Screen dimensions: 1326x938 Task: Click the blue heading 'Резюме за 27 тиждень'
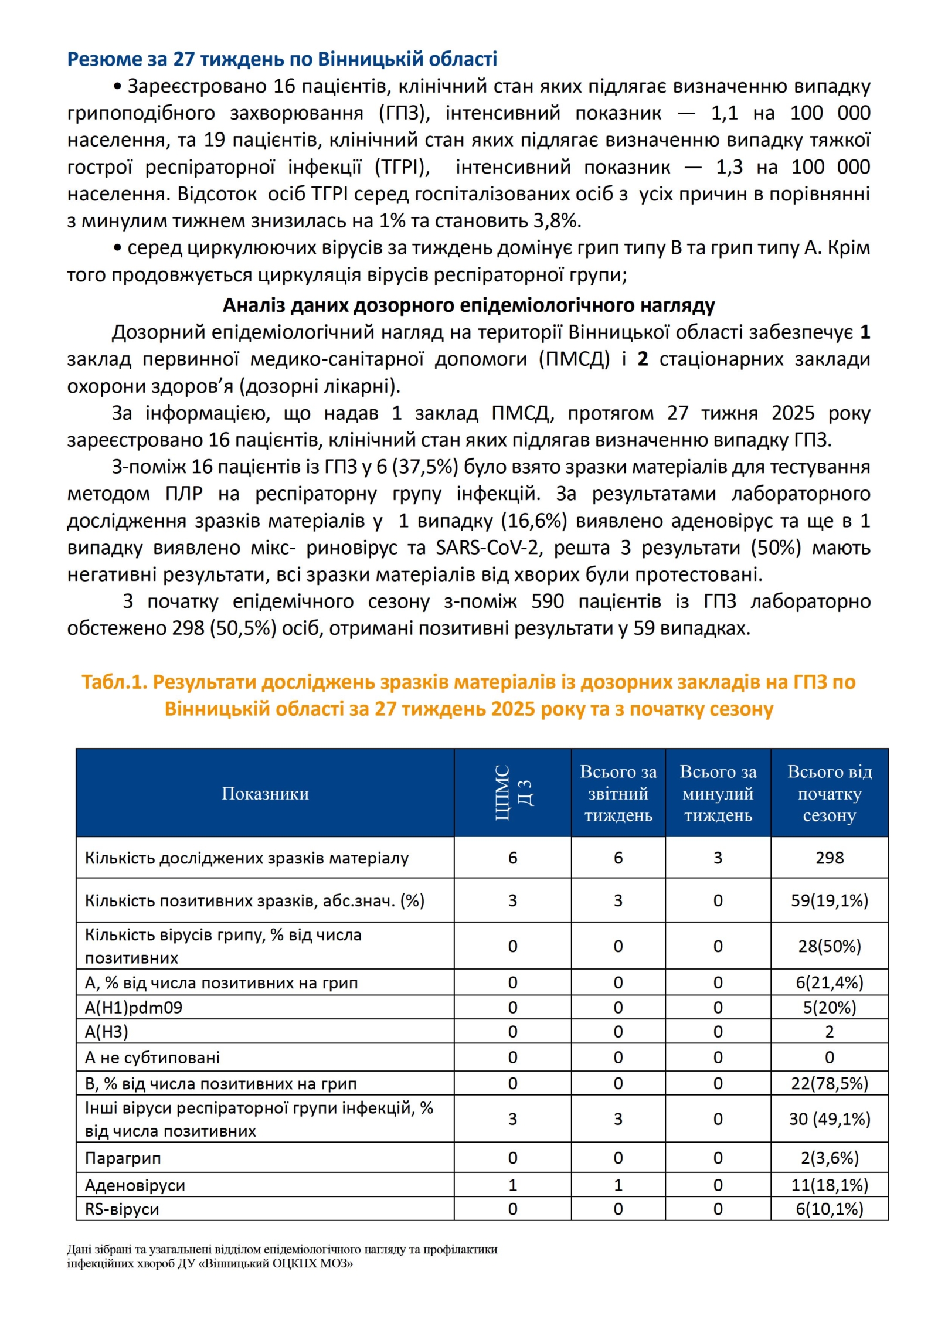pos(281,59)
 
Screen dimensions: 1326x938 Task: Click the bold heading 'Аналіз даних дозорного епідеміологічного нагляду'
pos(468,305)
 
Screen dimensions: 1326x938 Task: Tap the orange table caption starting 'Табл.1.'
pos(468,695)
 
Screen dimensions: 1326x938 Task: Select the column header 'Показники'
pos(265,793)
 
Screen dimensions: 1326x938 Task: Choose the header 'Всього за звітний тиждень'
pos(618,793)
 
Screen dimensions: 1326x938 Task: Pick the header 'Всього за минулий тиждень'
pos(718,793)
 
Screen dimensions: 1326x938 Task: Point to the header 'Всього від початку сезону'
pos(829,793)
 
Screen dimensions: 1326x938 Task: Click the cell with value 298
pos(829,858)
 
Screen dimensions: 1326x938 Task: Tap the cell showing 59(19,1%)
pos(829,900)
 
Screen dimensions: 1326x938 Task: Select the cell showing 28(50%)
pos(829,946)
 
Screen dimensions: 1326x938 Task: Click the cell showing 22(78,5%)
pos(829,1083)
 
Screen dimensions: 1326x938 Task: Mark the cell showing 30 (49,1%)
pos(829,1119)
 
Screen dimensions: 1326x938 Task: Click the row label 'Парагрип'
pos(123,1158)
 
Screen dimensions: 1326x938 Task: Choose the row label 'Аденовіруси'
pos(135,1185)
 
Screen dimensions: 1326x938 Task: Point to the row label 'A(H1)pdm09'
pos(134,1008)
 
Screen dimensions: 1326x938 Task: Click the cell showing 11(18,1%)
pos(829,1185)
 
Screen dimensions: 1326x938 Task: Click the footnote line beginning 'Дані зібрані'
pos(281,1249)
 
